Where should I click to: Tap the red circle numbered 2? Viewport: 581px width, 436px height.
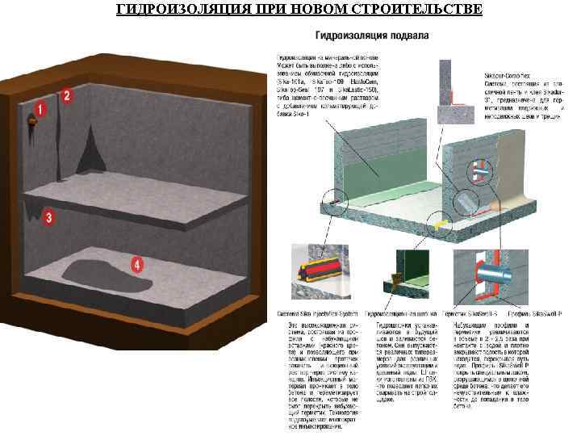[x=67, y=95]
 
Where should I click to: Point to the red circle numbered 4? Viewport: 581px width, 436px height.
[x=138, y=264]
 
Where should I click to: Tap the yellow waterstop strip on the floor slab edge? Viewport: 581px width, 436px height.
[x=441, y=219]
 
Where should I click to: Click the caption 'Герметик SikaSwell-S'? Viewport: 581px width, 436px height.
[x=477, y=312]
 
